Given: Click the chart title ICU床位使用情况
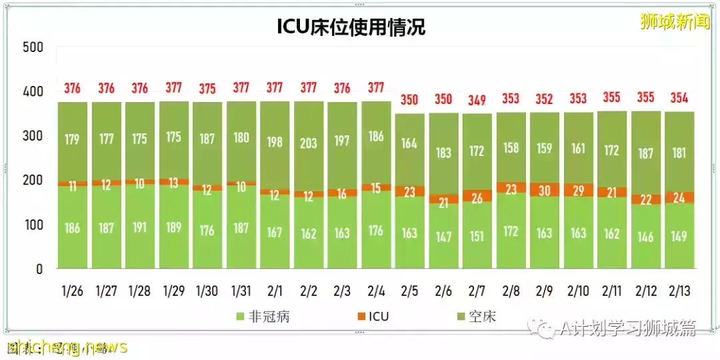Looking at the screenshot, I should point(351,27).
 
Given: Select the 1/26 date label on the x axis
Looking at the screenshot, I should point(73,291).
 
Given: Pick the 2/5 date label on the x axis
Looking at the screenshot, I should point(410,291).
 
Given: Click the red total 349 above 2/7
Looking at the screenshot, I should point(477,101).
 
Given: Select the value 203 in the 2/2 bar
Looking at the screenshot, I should point(309,143).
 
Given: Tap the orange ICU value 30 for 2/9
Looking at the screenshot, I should point(545,190).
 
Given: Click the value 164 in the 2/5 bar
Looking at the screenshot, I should point(410,144).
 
